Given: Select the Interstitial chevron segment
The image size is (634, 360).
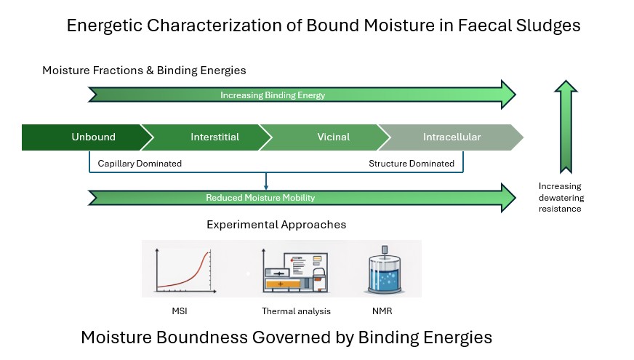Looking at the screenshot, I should click(x=214, y=137).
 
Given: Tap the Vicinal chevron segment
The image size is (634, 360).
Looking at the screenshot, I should click(x=334, y=137).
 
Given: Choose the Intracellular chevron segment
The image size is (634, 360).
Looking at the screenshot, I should click(x=452, y=137).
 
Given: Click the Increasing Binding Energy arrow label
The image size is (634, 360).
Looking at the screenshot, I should click(x=273, y=95).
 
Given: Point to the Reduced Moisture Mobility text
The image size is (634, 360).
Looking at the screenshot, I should click(x=260, y=197).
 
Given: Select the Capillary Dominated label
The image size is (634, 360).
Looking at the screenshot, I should click(x=140, y=164).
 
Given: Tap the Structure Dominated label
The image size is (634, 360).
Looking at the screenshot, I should click(x=412, y=164).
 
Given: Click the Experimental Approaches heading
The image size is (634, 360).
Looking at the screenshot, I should click(x=276, y=225).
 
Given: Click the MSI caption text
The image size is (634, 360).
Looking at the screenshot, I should click(x=179, y=311).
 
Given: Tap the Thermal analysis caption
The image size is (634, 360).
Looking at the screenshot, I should click(x=296, y=311).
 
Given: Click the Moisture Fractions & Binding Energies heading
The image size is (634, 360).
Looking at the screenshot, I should click(x=144, y=71).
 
